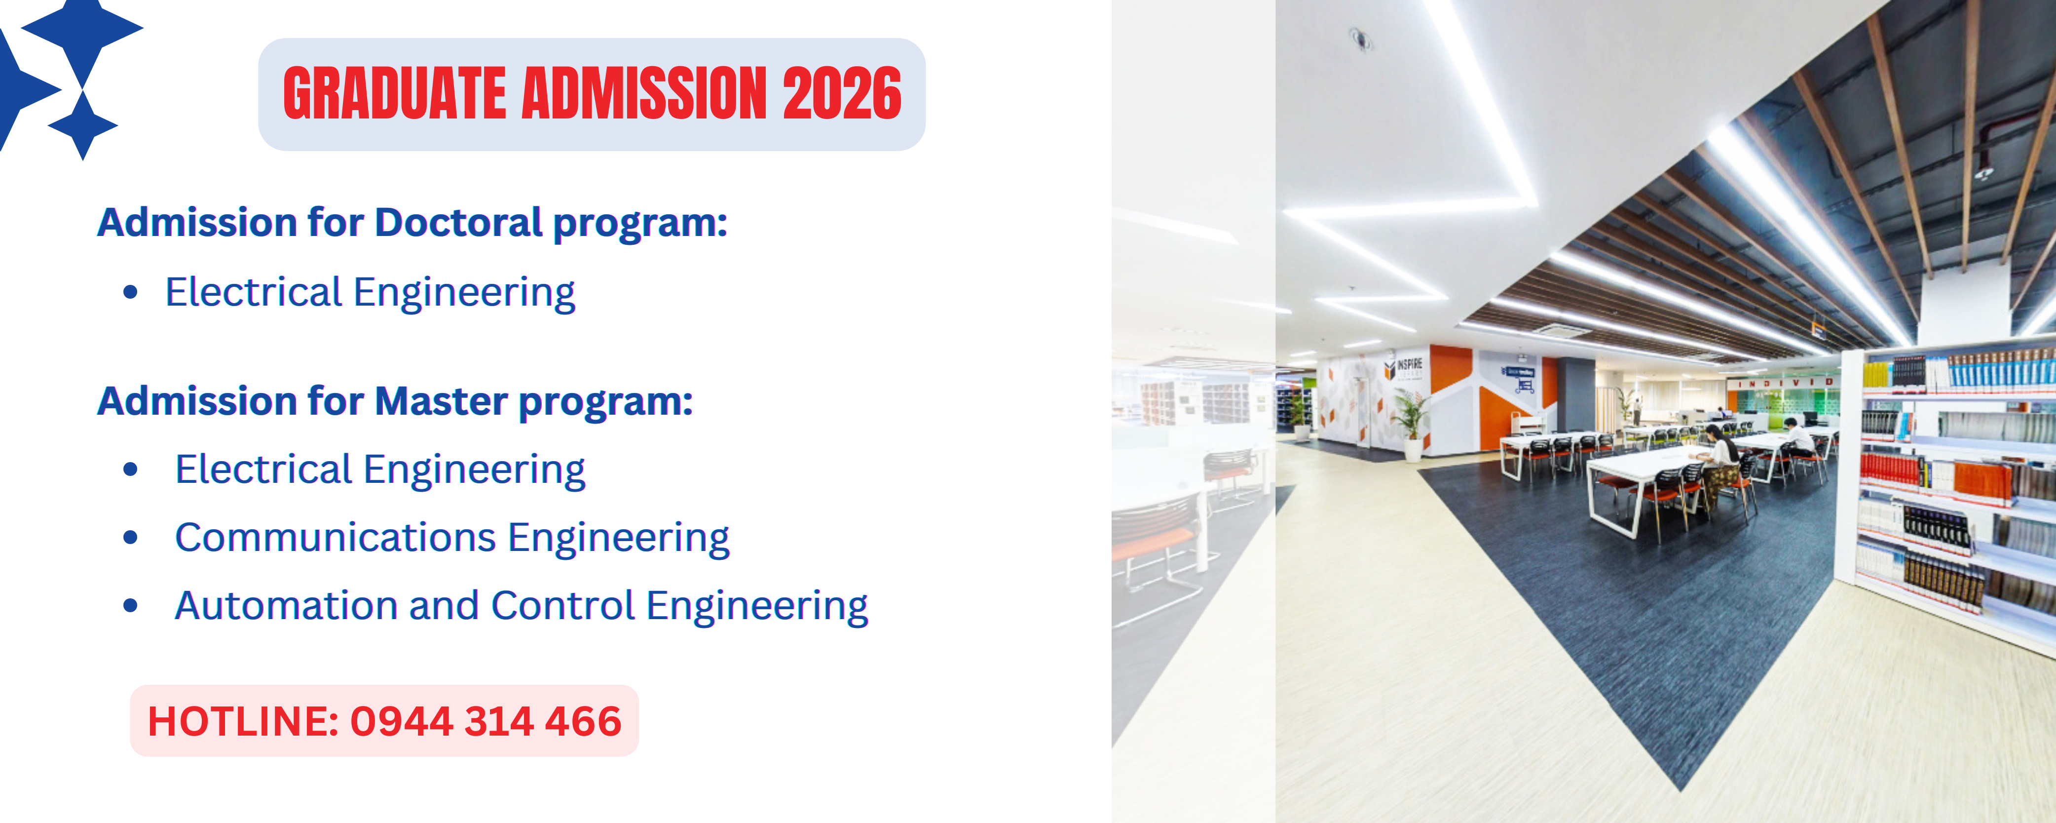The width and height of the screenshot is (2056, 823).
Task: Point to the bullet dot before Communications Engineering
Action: coord(131,537)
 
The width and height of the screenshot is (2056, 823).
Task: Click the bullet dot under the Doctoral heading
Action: coord(131,292)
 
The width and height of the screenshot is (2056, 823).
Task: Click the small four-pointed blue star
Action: coord(83,125)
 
